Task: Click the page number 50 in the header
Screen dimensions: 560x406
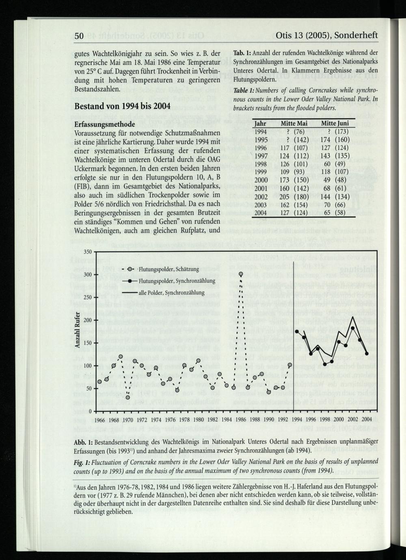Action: pos(79,37)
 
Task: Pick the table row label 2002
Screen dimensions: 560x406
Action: pos(261,196)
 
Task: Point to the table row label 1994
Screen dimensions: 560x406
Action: pos(261,132)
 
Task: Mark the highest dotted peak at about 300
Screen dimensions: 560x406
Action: pos(241,274)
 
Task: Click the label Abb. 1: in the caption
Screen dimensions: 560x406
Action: pos(84,442)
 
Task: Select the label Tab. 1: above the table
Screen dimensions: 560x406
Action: pos(240,53)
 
